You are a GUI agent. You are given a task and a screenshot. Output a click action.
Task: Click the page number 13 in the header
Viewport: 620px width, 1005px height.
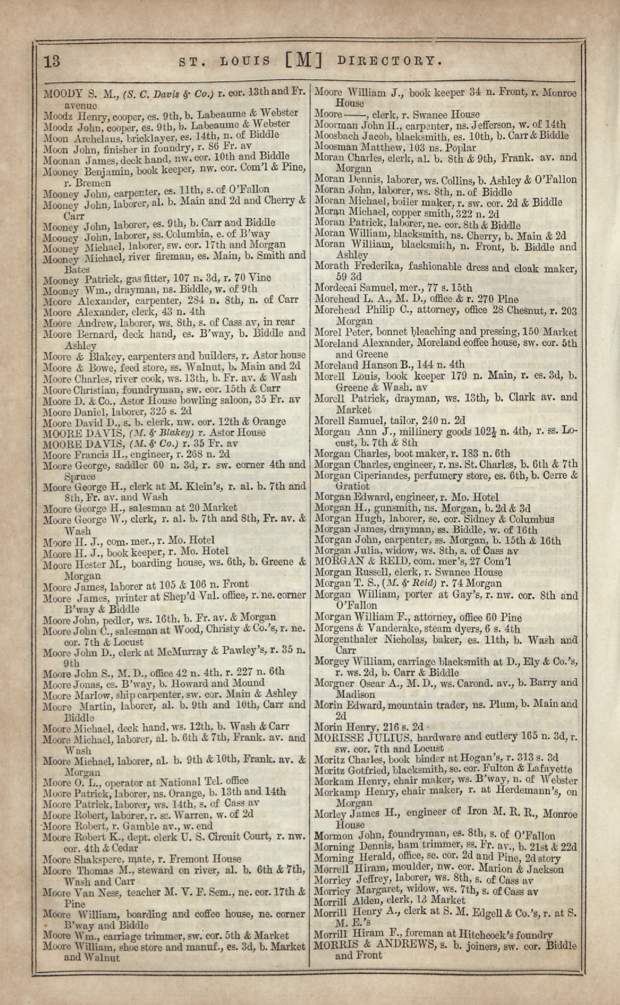click(52, 61)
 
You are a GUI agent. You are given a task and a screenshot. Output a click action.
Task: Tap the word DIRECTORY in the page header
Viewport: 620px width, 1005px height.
click(389, 61)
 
